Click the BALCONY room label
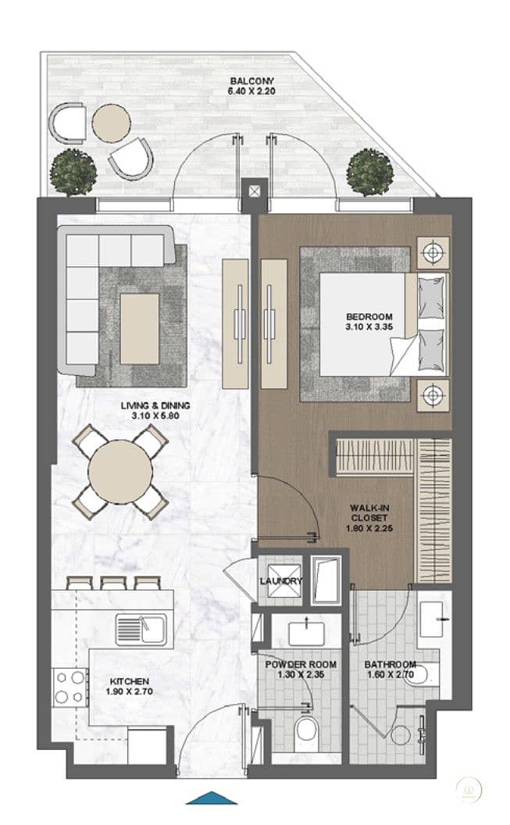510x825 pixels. (251, 81)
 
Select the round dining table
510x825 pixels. (120, 471)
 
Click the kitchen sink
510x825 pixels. (141, 628)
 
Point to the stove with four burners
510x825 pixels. (70, 687)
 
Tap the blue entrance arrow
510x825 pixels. (212, 798)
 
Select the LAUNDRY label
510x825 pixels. (281, 581)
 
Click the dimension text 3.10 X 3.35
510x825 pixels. (369, 327)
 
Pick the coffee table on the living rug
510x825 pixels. (139, 329)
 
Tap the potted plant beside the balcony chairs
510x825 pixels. (73, 172)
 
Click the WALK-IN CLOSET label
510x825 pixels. (369, 513)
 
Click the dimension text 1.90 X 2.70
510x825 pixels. (130, 691)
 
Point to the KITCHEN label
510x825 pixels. (130, 681)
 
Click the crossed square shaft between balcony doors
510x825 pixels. (255, 191)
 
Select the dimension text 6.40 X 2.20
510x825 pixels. (251, 91)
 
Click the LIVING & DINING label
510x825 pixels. (155, 405)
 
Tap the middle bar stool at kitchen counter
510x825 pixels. (112, 583)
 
